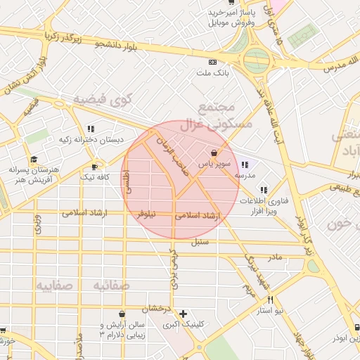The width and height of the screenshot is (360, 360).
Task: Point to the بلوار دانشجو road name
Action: point(124,46)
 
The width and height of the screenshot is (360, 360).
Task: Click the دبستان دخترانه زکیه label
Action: point(91,139)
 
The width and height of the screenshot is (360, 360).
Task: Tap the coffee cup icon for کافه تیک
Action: point(95,167)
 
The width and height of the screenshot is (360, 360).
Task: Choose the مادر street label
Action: point(274,257)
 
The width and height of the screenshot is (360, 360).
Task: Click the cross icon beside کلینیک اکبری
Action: point(184,314)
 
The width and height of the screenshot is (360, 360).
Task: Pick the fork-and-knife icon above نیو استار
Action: point(269,300)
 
